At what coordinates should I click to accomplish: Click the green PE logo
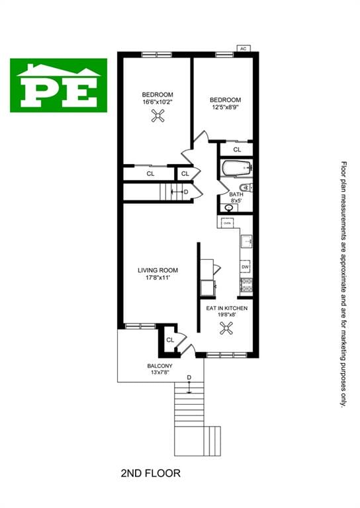pos(58,85)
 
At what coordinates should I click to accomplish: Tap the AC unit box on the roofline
pos(243,48)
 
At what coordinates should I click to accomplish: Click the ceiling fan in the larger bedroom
pos(157,116)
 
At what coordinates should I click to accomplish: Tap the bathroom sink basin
pos(229,207)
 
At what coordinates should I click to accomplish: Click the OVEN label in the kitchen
pos(228,224)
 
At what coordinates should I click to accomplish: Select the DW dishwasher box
pos(245,266)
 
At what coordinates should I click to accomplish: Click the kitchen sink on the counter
pos(245,241)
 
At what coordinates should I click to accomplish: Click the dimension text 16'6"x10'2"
pos(157,103)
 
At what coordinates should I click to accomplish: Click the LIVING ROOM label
pos(157,270)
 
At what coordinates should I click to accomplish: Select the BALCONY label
pos(160,366)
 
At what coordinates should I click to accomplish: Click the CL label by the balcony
pos(170,339)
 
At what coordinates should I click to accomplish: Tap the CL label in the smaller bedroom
pos(236,149)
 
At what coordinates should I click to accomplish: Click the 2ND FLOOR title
pos(150,474)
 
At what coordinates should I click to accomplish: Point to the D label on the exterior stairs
pos(189,378)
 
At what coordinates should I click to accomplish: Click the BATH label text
pos(236,195)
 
